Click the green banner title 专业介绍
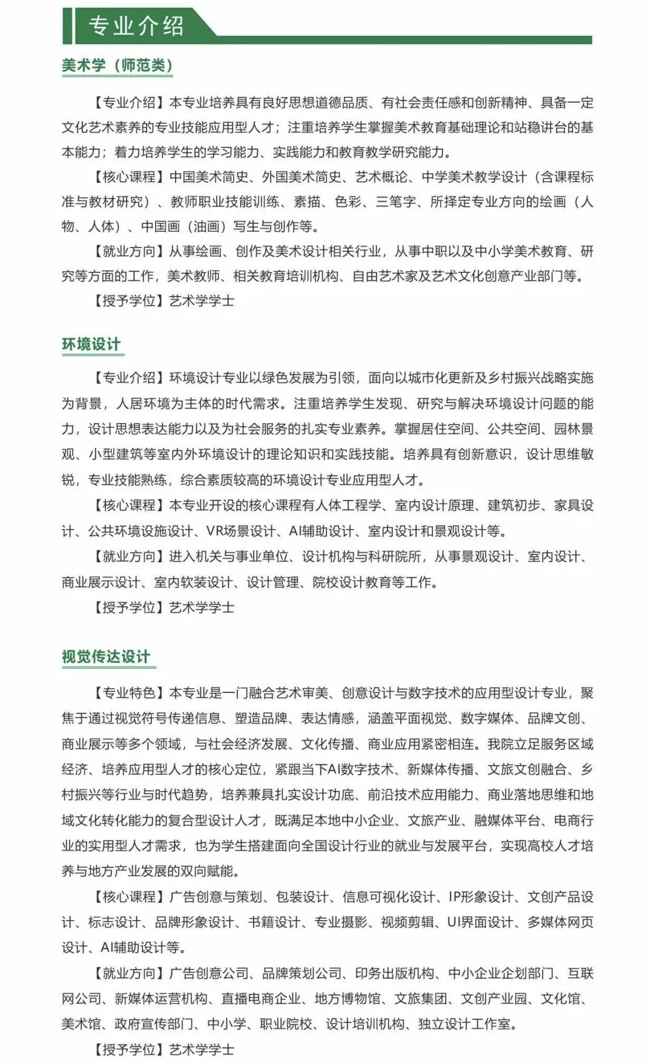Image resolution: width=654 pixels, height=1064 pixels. (136, 26)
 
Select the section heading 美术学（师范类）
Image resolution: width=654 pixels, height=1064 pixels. (117, 65)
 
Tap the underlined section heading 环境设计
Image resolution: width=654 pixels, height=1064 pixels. (91, 344)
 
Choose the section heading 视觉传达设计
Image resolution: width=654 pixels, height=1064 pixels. (106, 657)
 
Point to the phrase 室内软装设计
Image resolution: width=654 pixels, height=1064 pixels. (193, 582)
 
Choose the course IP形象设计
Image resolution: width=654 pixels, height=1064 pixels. (480, 896)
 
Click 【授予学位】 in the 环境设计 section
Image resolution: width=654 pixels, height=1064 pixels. (128, 607)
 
